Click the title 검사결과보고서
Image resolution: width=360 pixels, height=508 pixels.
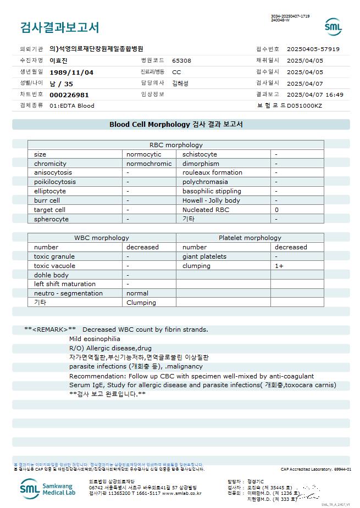click(59, 27)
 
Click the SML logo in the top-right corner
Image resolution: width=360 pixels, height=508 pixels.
click(333, 26)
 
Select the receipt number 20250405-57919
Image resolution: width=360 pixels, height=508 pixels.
click(313, 49)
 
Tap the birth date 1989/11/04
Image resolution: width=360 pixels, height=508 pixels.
click(71, 72)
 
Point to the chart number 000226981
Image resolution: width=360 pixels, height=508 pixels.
click(69, 94)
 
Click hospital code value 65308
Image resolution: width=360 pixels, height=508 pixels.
click(181, 60)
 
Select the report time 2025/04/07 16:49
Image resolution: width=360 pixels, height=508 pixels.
click(315, 94)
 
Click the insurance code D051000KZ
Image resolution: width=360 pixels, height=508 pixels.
click(304, 105)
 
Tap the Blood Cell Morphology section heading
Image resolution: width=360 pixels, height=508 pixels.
click(176, 125)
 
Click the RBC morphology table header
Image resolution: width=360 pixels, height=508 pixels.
click(176, 145)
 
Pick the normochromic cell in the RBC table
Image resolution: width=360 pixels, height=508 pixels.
click(149, 164)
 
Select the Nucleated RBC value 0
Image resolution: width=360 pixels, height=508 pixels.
click(276, 210)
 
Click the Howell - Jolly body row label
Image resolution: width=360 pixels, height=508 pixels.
click(211, 200)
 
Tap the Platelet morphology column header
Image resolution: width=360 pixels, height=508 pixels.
click(250, 238)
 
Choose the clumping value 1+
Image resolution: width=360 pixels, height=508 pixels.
click(279, 266)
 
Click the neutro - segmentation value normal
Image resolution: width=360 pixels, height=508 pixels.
click(137, 293)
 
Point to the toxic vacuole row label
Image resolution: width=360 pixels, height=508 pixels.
click(54, 266)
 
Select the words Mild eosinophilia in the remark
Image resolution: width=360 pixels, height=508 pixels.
click(95, 339)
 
